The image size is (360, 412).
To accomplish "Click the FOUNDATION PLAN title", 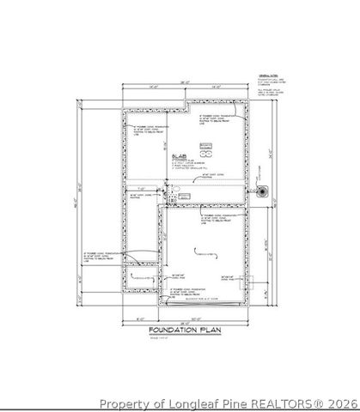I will pyautogui.click(x=180, y=330).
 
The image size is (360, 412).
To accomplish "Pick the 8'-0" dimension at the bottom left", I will pyautogui.click(x=139, y=320).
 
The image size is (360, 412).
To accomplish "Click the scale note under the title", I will pyautogui.click(x=160, y=338).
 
